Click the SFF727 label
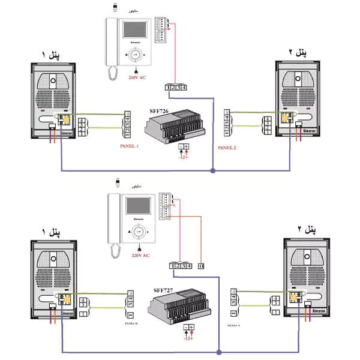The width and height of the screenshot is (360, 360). pos(164,289)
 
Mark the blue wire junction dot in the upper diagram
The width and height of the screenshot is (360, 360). pos(213,171)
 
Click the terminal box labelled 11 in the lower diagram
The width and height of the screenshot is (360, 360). pos(200,266)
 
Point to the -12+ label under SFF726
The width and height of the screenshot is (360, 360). pos(183,157)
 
